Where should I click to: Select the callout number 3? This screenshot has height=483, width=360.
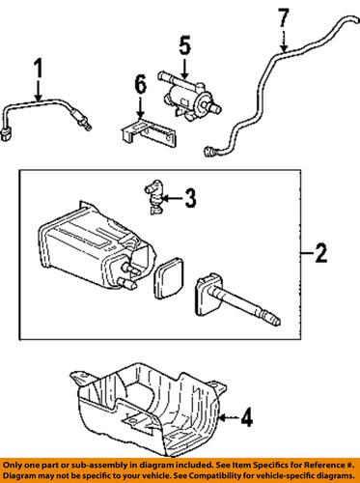tap(190, 200)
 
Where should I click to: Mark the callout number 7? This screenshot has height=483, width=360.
tap(282, 17)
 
